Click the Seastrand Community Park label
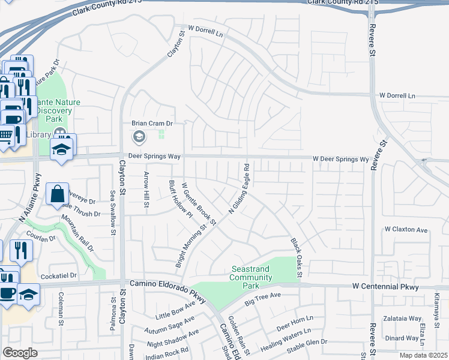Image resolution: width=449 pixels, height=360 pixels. click(252, 273)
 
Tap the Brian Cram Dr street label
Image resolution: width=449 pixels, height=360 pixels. click(152, 124)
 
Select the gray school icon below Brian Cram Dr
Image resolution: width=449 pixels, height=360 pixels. click(139, 137)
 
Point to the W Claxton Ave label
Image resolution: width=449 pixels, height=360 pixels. click(406, 229)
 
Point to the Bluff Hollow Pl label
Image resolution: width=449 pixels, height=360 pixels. click(179, 199)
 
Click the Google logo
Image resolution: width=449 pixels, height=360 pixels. click(20, 353)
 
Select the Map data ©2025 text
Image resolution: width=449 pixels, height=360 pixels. click(423, 355)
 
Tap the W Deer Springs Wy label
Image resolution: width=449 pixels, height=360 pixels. click(340, 160)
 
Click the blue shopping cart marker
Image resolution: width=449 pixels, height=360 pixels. click(6, 134)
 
